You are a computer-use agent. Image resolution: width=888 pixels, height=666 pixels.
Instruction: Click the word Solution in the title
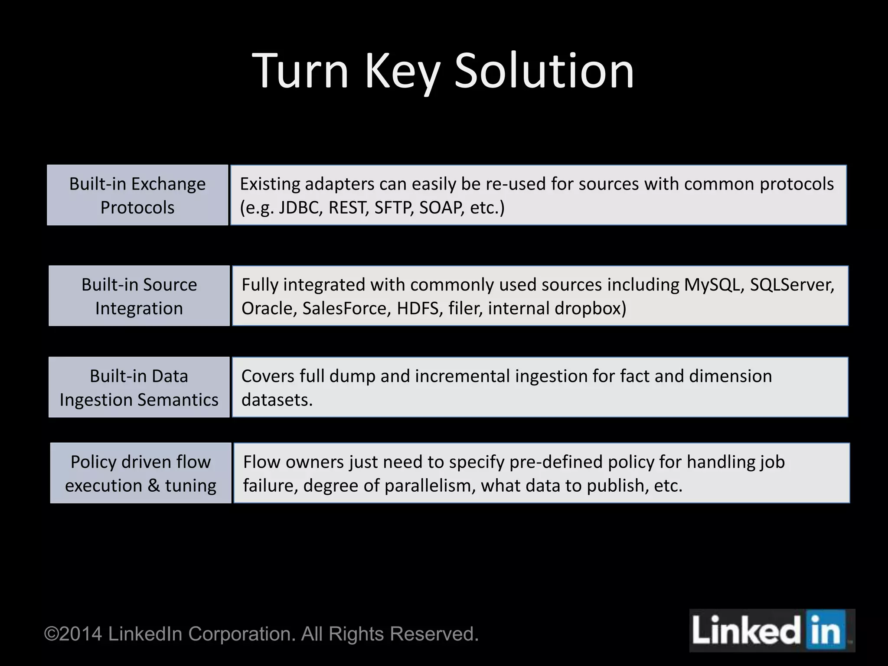pyautogui.click(x=544, y=71)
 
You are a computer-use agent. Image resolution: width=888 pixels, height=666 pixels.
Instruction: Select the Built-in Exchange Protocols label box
pyautogui.click(x=137, y=195)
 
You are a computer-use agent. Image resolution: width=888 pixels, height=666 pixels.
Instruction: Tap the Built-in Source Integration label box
pyautogui.click(x=139, y=296)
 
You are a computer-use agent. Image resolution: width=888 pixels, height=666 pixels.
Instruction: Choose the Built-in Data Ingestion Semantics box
pyautogui.click(x=139, y=387)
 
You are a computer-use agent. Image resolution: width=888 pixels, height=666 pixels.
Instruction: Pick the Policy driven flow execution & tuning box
pyautogui.click(x=141, y=473)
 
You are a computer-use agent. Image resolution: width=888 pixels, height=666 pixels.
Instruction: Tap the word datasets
pyautogui.click(x=277, y=400)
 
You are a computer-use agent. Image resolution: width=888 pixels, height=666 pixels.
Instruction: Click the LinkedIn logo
pyautogui.click(x=771, y=630)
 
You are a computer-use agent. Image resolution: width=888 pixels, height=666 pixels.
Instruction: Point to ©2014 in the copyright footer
pyautogui.click(x=73, y=634)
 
